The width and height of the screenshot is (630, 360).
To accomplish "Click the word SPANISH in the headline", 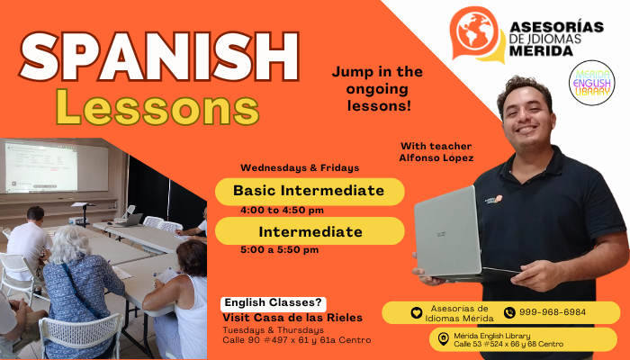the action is pyautogui.click(x=159, y=56).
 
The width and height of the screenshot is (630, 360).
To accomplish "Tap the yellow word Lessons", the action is pyautogui.click(x=157, y=107).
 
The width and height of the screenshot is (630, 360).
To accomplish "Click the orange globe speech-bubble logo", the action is pyautogui.click(x=476, y=34).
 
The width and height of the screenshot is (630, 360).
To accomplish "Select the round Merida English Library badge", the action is pyautogui.click(x=592, y=83).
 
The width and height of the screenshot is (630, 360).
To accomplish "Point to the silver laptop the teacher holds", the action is pyautogui.click(x=458, y=236).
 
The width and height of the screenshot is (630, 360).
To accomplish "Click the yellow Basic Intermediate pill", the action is pyautogui.click(x=310, y=192).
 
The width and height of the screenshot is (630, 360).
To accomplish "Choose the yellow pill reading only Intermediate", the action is pyautogui.click(x=310, y=231).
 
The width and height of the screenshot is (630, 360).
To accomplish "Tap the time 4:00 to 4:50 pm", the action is pyautogui.click(x=282, y=211).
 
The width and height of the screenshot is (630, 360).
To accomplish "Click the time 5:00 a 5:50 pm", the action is pyautogui.click(x=280, y=250).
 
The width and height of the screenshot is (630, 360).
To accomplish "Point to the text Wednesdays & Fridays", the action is pyautogui.click(x=300, y=168).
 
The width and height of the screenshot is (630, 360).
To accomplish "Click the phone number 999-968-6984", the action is pyautogui.click(x=553, y=312).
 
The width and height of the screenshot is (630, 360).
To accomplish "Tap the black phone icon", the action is pyautogui.click(x=509, y=312).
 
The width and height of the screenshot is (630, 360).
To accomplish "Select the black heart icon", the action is pyautogui.click(x=417, y=312).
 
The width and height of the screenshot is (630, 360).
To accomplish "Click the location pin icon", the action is pyautogui.click(x=443, y=338).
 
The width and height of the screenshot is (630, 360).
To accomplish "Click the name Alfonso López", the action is pyautogui.click(x=436, y=157).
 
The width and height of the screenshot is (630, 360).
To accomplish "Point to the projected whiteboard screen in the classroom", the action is pyautogui.click(x=56, y=166).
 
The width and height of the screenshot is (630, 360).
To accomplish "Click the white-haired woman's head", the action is pyautogui.click(x=70, y=244).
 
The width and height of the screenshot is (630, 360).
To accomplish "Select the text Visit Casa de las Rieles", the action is pyautogui.click(x=292, y=318).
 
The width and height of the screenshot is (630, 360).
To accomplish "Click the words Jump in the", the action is pyautogui.click(x=377, y=72).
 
